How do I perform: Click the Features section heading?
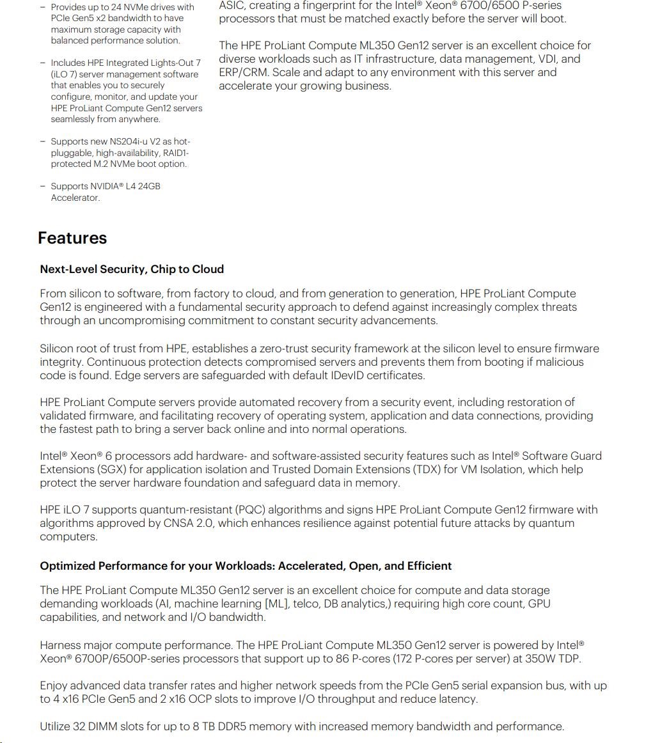(x=72, y=238)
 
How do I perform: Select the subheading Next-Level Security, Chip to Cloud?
(x=132, y=269)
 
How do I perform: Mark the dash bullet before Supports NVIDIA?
(x=43, y=186)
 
